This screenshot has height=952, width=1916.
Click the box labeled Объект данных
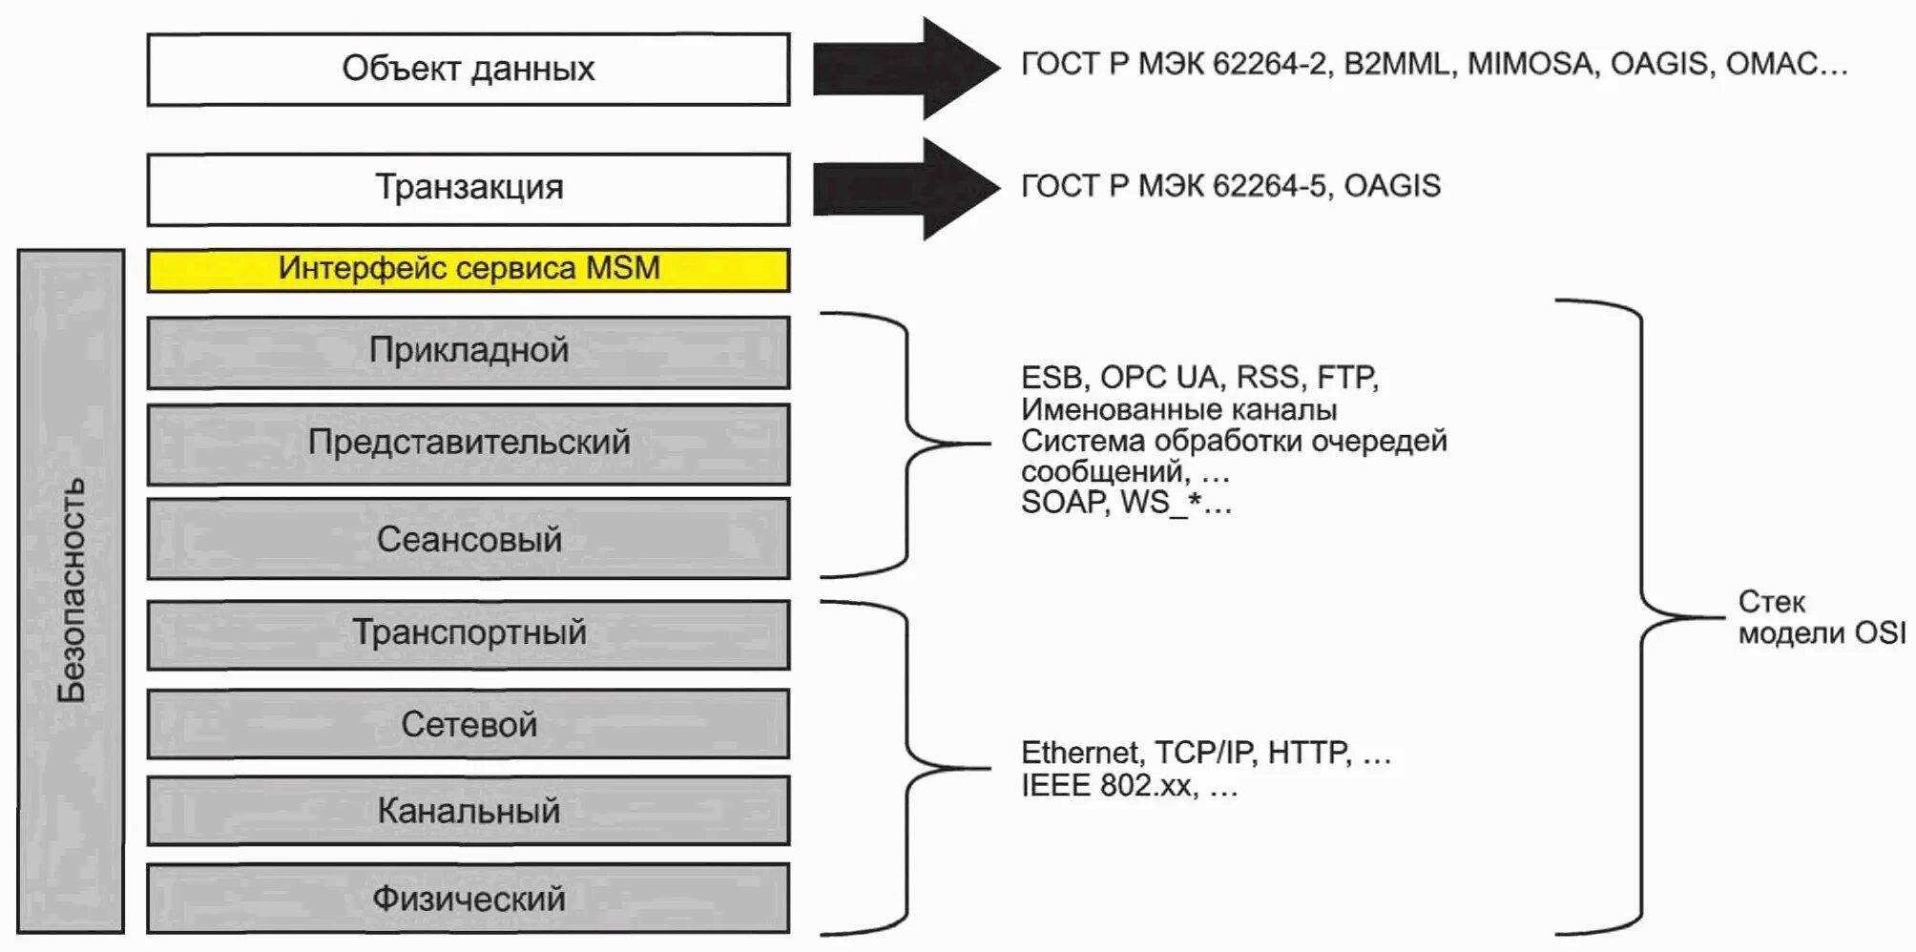[468, 70]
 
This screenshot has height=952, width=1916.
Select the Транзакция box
[468, 189]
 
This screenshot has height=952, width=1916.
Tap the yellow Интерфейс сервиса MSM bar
[468, 270]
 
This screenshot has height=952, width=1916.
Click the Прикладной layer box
[468, 352]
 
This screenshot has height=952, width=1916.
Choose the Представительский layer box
[468, 444]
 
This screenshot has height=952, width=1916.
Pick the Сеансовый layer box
[468, 539]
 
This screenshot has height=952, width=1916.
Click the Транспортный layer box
[468, 633]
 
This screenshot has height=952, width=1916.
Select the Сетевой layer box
[468, 724]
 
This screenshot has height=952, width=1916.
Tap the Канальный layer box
[468, 811]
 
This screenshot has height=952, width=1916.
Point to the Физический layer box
[468, 899]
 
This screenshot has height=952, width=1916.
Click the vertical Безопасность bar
[71, 591]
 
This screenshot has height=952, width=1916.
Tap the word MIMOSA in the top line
[1530, 64]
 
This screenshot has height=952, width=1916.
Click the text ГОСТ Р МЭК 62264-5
[1173, 186]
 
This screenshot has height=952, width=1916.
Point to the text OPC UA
[1158, 378]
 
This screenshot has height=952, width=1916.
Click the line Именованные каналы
[1178, 410]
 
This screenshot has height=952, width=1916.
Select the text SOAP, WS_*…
[1126, 503]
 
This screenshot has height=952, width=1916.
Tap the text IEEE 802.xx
[1107, 786]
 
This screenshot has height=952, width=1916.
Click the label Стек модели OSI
[1821, 617]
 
